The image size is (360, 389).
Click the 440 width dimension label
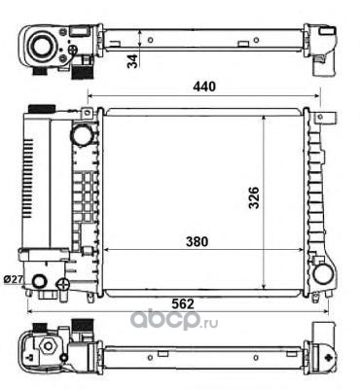pyautogui.click(x=204, y=87)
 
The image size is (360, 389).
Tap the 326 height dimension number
pyautogui.click(x=254, y=197)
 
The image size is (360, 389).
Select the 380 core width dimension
pyautogui.click(x=197, y=241)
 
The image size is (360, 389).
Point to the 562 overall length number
pyautogui.click(x=183, y=303)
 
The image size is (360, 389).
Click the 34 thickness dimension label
pyautogui.click(x=132, y=61)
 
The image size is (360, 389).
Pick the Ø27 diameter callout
pyautogui.click(x=12, y=279)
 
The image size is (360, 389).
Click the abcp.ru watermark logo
pyautogui.click(x=174, y=319)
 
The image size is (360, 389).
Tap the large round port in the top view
pyautogui.click(x=40, y=47)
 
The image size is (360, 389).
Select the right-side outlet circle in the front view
pyautogui.click(x=323, y=274)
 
